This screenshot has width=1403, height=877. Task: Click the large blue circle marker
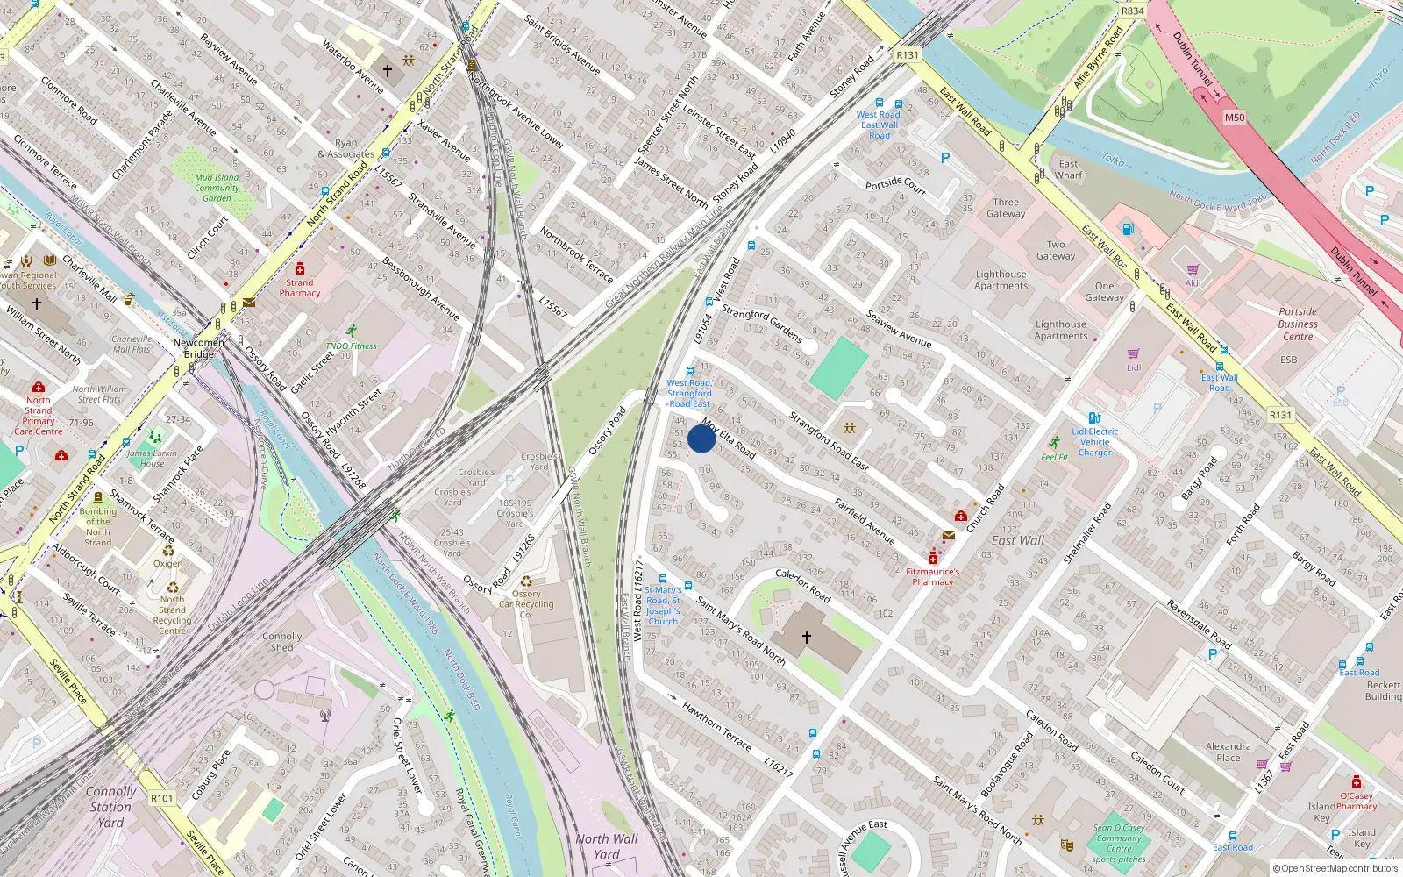(701, 438)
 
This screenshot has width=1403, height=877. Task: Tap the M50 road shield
(1235, 118)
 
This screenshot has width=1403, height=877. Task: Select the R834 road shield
(1132, 11)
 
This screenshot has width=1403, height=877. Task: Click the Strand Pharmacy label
(300, 288)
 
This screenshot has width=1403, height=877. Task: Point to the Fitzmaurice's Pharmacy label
(932, 576)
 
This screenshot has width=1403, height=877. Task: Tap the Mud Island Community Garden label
(217, 188)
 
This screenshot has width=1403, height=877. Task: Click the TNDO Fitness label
(352, 346)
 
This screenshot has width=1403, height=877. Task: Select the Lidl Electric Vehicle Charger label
(1094, 442)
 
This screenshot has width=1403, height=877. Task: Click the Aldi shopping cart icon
(1193, 270)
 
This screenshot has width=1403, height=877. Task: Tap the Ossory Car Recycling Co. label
(526, 603)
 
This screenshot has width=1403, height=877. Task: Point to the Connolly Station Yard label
(110, 806)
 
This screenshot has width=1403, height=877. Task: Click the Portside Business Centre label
(1298, 324)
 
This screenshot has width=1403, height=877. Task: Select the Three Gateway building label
(1006, 208)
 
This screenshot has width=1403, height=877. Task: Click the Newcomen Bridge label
(198, 348)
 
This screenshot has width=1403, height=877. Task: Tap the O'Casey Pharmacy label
(1356, 801)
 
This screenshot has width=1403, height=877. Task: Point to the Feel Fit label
(1054, 457)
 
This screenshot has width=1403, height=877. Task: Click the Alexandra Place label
(1229, 752)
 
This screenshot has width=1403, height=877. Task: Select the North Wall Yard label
(606, 846)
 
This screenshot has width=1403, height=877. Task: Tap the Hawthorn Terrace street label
(716, 726)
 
